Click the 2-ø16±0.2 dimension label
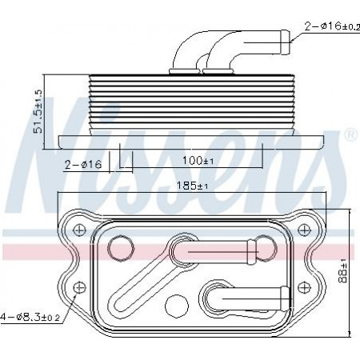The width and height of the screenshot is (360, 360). tap(332, 26)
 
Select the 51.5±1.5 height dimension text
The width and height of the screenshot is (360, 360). tap(38, 111)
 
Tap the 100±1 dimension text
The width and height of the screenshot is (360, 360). tap(198, 161)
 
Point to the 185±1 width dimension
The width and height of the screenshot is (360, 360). tap(193, 186)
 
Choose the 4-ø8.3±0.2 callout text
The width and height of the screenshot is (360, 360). tap(30, 317)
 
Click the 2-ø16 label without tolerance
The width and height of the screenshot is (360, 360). tap(83, 165)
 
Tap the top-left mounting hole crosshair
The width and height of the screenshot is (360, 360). tap(79, 230)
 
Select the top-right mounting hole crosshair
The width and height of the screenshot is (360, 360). tap(303, 230)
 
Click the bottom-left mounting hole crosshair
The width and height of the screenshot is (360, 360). tap(79, 287)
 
